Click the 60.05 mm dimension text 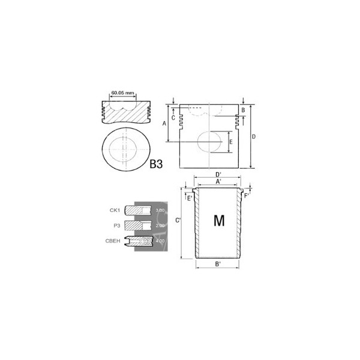(123, 94)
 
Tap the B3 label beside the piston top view (157, 163)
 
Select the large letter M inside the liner (219, 221)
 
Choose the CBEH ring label (113, 241)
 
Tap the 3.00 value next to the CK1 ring (160, 211)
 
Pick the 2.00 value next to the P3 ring (160, 226)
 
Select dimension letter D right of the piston (254, 137)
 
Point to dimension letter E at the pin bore (231, 142)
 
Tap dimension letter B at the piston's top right (243, 110)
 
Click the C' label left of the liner (178, 221)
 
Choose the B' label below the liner (218, 265)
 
